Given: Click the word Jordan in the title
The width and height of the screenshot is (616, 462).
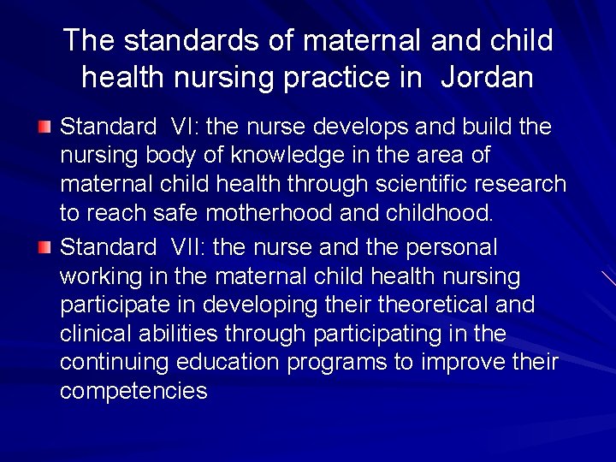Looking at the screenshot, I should click(x=488, y=78).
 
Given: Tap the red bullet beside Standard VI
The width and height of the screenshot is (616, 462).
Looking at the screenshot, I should click(x=44, y=127).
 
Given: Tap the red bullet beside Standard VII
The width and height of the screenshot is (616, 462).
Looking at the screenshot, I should click(x=44, y=247).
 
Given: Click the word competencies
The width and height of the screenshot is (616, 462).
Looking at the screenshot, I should click(x=133, y=392).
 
